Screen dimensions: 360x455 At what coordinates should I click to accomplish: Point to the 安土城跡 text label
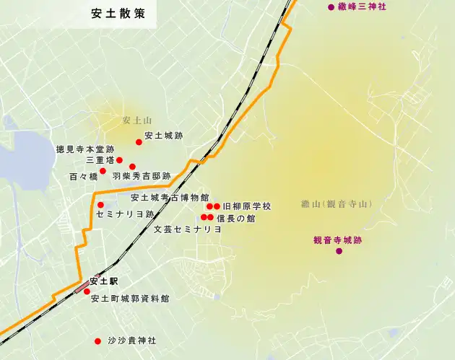point(164,135)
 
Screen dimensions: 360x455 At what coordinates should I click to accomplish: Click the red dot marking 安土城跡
point(139,142)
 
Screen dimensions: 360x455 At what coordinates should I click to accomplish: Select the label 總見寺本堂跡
point(85,149)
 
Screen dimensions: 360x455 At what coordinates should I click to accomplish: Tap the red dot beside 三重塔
point(120,160)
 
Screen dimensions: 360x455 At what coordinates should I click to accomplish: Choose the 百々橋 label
point(83,175)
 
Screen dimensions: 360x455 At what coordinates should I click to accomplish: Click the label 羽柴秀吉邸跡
point(142,175)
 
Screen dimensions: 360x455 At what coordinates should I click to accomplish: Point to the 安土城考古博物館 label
point(170,197)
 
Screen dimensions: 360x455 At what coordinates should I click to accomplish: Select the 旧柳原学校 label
point(246,206)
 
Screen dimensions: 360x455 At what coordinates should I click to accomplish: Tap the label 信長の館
point(235,217)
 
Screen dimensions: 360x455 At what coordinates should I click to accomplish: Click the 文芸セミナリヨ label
point(188,229)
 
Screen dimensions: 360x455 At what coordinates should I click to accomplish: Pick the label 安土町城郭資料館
point(130,297)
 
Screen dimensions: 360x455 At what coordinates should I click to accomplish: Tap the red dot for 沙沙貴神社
point(97,341)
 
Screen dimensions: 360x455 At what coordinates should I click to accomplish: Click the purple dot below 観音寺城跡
point(337,251)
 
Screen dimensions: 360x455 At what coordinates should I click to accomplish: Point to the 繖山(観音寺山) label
point(337,204)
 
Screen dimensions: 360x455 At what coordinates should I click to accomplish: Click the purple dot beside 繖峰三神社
point(331,7)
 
